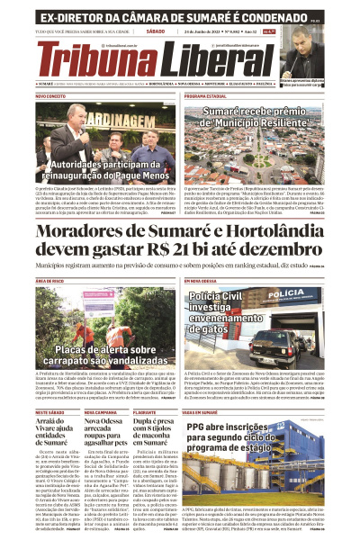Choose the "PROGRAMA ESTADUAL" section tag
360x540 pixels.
coord(205,95)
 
